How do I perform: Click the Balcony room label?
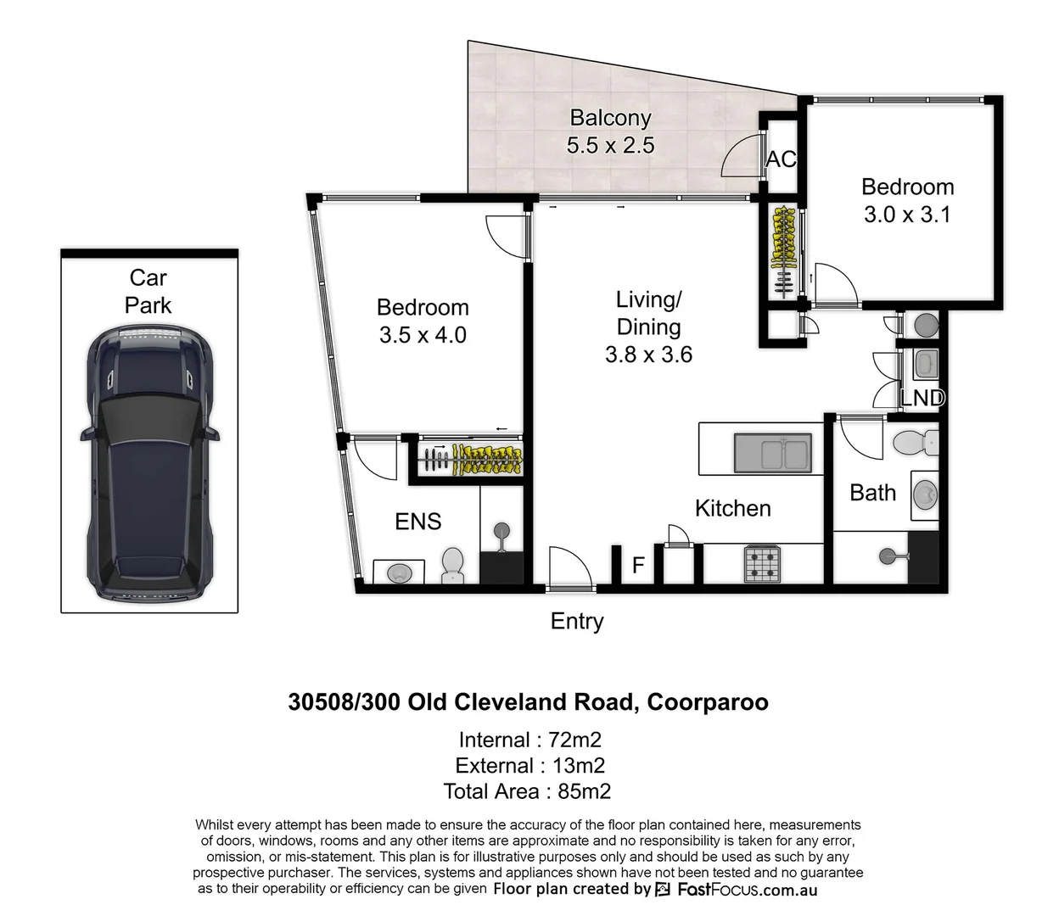click(610, 118)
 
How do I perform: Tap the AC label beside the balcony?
click(781, 159)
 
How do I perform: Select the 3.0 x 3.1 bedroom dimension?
click(907, 215)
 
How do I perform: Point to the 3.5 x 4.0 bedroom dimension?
click(423, 335)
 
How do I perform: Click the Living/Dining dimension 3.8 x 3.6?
click(648, 355)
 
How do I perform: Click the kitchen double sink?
click(772, 452)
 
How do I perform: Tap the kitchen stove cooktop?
click(762, 564)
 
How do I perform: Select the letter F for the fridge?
click(638, 565)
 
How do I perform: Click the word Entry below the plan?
click(577, 622)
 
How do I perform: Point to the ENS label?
click(418, 522)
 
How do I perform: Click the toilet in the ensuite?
click(452, 564)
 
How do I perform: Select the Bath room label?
click(872, 493)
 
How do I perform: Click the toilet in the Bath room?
click(915, 442)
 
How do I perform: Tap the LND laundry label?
click(922, 398)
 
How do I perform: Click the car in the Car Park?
click(149, 462)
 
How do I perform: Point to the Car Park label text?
click(148, 291)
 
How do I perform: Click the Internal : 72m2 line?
click(529, 740)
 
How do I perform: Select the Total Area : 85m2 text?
click(527, 791)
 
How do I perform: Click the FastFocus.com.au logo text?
click(746, 890)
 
